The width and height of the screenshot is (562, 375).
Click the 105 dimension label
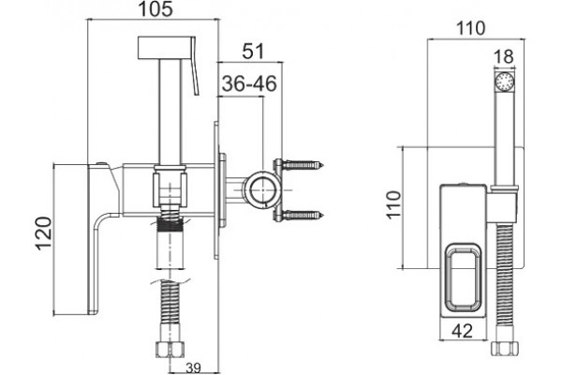tap(155, 8)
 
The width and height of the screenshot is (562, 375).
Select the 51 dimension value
tap(253, 51)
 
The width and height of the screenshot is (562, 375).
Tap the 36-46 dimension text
tap(249, 83)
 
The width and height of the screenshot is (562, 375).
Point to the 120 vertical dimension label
tap(44, 232)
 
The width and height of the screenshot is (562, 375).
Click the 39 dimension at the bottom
tap(193, 368)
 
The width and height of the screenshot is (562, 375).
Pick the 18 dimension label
tap(504, 56)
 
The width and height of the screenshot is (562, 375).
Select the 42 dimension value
tap(462, 331)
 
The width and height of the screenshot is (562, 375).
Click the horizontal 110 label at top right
tap(470, 28)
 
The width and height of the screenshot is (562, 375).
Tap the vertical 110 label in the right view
tap(393, 204)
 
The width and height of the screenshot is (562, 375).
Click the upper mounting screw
tap(303, 165)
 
